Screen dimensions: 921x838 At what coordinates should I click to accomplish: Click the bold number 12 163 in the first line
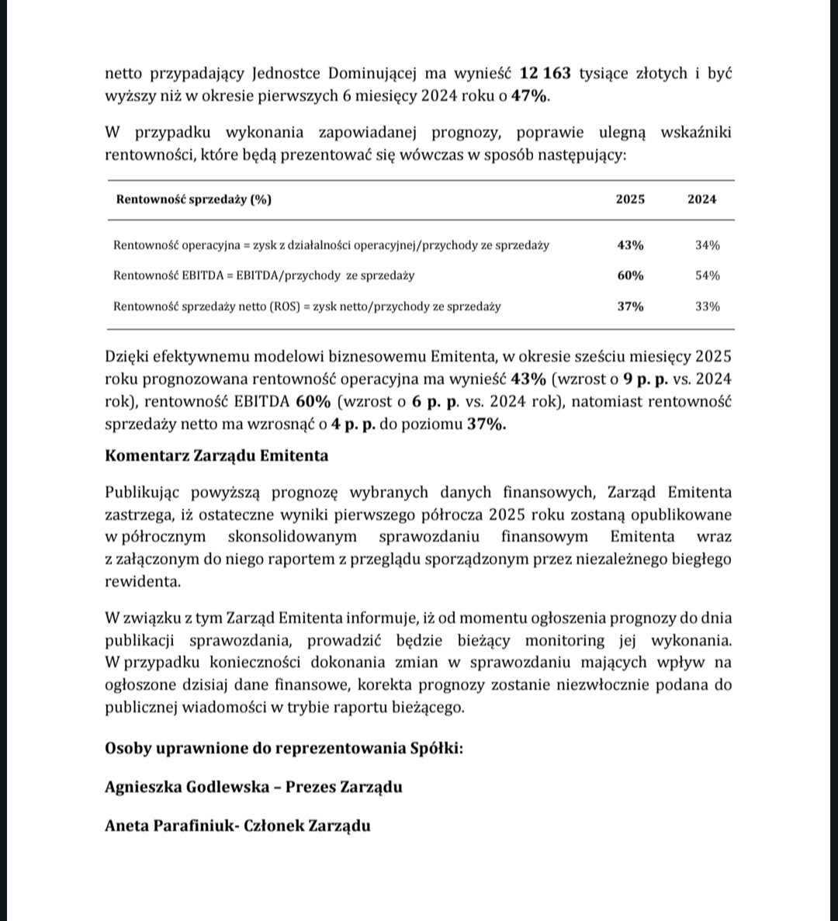click(545, 74)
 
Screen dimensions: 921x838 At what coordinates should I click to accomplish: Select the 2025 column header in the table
click(630, 199)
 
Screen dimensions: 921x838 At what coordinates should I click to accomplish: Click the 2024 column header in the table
click(701, 199)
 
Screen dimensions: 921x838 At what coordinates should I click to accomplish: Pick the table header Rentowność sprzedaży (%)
click(193, 199)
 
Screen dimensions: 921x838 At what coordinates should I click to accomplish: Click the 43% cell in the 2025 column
click(630, 245)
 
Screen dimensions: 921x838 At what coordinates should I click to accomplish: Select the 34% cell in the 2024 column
click(707, 245)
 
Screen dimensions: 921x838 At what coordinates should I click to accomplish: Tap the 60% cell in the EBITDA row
click(630, 275)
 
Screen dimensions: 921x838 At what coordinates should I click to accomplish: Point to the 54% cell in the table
click(707, 275)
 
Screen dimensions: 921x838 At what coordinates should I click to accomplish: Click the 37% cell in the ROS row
click(630, 306)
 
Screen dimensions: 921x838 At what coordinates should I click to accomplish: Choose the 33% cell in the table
click(707, 306)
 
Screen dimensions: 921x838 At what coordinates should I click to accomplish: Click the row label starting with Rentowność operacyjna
click(331, 245)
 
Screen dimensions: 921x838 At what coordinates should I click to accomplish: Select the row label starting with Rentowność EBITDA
click(264, 275)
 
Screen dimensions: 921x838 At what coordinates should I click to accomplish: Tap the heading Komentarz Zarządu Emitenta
click(216, 455)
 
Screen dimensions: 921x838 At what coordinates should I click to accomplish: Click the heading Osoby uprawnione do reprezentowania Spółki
click(282, 749)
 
